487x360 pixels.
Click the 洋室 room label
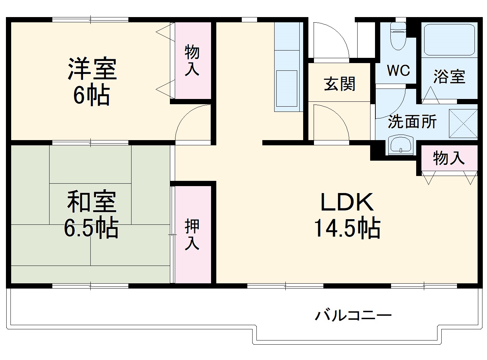point(92,69)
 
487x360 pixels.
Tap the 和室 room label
point(92,202)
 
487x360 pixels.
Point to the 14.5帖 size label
point(347,228)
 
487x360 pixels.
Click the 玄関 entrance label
point(339,84)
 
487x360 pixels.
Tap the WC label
point(398,71)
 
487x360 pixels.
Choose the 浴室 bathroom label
point(449,76)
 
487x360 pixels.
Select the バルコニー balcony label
point(353,315)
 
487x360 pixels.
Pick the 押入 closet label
point(192,234)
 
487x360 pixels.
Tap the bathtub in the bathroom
point(449,39)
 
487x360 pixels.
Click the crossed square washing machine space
point(463,124)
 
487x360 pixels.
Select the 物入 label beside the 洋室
point(192,60)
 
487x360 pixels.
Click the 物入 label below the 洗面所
point(449,158)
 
